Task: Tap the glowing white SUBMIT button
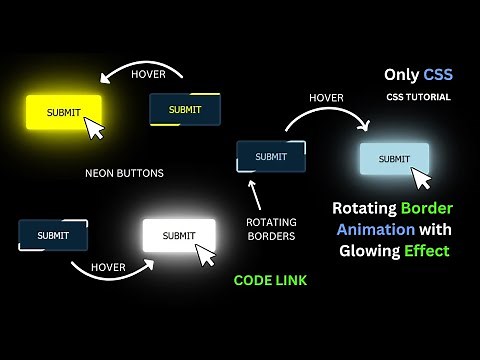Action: pyautogui.click(x=178, y=236)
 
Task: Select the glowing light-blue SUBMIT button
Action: pyautogui.click(x=394, y=159)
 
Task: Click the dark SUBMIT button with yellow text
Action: pyautogui.click(x=184, y=109)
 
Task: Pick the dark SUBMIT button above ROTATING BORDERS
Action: pyautogui.click(x=270, y=157)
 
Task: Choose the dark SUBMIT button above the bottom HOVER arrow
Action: pyautogui.click(x=53, y=235)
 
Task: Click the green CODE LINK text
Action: pyautogui.click(x=270, y=281)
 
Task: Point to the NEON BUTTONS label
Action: pyautogui.click(x=124, y=173)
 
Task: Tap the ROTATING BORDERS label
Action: pyautogui.click(x=270, y=229)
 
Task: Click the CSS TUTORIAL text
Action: pyautogui.click(x=417, y=97)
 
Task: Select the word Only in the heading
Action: pyautogui.click(x=403, y=74)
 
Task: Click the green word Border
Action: pyautogui.click(x=426, y=209)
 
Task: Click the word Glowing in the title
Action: pyautogui.click(x=367, y=250)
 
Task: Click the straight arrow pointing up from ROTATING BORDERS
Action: pyautogui.click(x=253, y=192)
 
